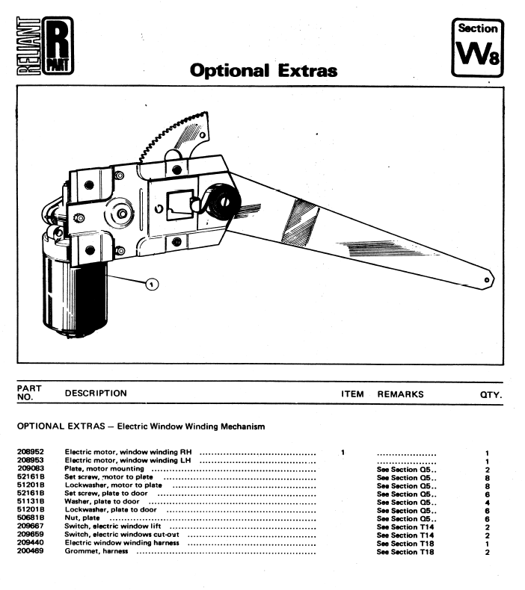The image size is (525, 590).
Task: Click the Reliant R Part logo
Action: pyautogui.click(x=43, y=47)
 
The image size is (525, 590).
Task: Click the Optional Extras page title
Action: pyautogui.click(x=263, y=71)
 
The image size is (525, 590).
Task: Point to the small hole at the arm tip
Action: pyautogui.click(x=487, y=279)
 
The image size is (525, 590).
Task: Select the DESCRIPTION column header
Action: pyautogui.click(x=96, y=394)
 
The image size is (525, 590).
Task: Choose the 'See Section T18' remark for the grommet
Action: pyautogui.click(x=405, y=552)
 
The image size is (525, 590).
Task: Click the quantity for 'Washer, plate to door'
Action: pyautogui.click(x=486, y=503)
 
